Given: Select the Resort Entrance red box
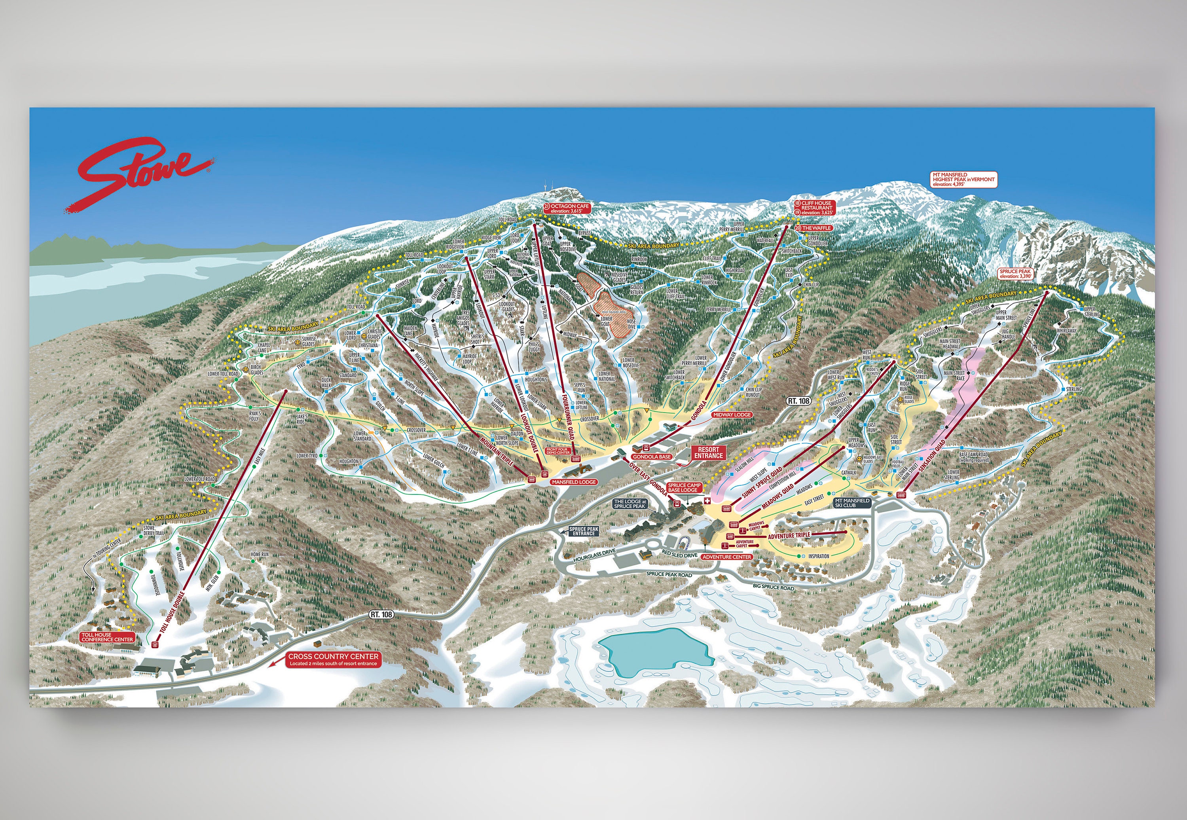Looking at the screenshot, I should point(709,452).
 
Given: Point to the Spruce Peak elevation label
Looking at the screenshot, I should point(1015,273).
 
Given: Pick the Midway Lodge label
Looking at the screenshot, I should point(732,414).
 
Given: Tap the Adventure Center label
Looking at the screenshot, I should point(726,557).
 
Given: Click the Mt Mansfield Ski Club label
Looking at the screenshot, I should point(852,502).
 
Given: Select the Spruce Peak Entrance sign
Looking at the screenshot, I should point(584,531).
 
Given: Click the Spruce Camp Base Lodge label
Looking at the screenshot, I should point(684,487).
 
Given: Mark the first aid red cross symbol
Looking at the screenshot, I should point(707,501).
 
